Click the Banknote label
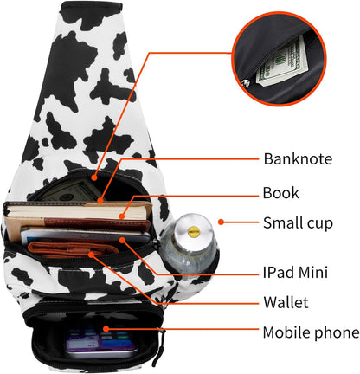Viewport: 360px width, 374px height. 298,158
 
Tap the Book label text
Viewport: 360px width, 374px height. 280,192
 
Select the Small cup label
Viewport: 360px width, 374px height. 298,223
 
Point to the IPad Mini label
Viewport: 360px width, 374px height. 295,272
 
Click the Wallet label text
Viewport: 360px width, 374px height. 286,302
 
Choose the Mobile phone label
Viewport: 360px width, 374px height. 311,332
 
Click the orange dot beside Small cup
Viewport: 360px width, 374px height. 221,222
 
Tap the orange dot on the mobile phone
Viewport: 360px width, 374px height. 106,329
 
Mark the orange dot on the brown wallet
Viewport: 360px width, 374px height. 91,254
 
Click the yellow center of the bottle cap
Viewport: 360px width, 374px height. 193,231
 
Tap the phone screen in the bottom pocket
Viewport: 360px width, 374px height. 100,341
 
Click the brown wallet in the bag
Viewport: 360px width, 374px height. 72,250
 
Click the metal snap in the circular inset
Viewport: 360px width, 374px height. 246,84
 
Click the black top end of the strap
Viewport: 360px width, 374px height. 91,8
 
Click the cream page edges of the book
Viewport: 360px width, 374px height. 77,214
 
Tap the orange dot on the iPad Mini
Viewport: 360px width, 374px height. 122,240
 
